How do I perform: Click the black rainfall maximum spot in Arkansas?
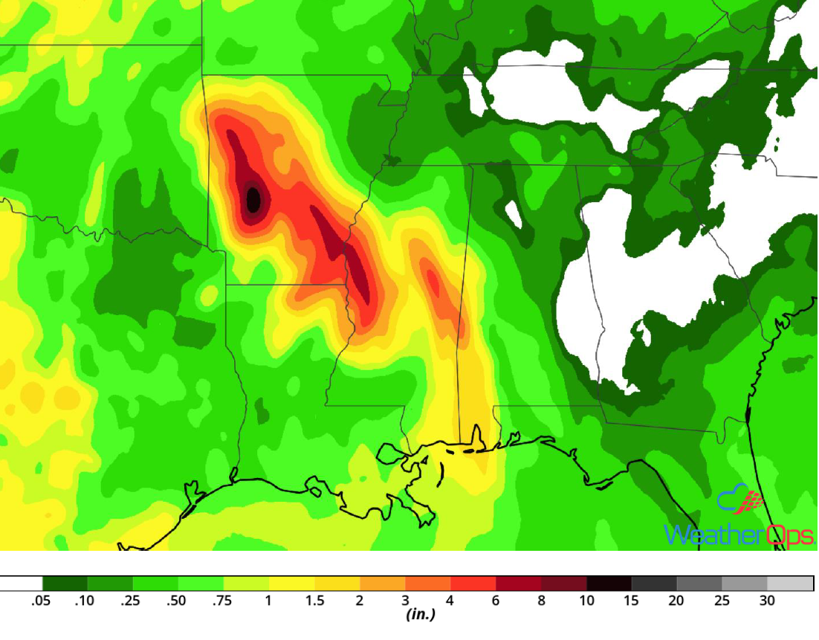(x=253, y=199)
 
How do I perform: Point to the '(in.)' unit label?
(x=420, y=615)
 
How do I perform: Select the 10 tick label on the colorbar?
(x=587, y=601)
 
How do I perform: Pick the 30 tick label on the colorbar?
(x=767, y=601)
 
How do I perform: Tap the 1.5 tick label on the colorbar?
(x=314, y=601)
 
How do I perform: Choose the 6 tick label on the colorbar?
(x=496, y=601)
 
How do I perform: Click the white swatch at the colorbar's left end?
(x=21, y=584)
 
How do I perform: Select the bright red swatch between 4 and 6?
(x=473, y=584)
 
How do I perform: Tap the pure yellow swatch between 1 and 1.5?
(x=292, y=584)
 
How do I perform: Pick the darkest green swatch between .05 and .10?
(x=65, y=584)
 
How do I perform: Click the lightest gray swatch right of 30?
(x=790, y=584)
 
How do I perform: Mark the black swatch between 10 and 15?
(x=609, y=584)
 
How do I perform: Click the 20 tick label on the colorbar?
(x=676, y=601)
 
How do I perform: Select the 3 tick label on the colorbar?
(x=405, y=601)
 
